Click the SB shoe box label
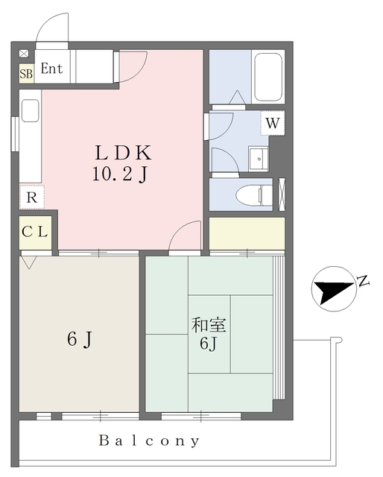(26, 74)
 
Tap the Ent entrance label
(51, 69)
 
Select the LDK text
(123, 153)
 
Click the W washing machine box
(273, 123)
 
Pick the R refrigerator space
(32, 197)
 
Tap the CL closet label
(35, 232)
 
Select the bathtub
(268, 77)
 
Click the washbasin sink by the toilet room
(259, 159)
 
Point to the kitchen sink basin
(30, 111)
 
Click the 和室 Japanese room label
(209, 325)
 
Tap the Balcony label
(149, 440)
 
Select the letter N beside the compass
(363, 281)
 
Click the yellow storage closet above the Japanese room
(247, 233)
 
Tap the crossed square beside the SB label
(24, 54)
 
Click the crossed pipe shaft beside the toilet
(282, 194)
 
